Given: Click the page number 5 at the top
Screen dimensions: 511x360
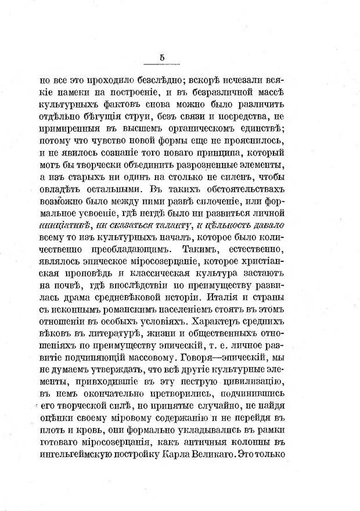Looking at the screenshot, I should pyautogui.click(x=162, y=56).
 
